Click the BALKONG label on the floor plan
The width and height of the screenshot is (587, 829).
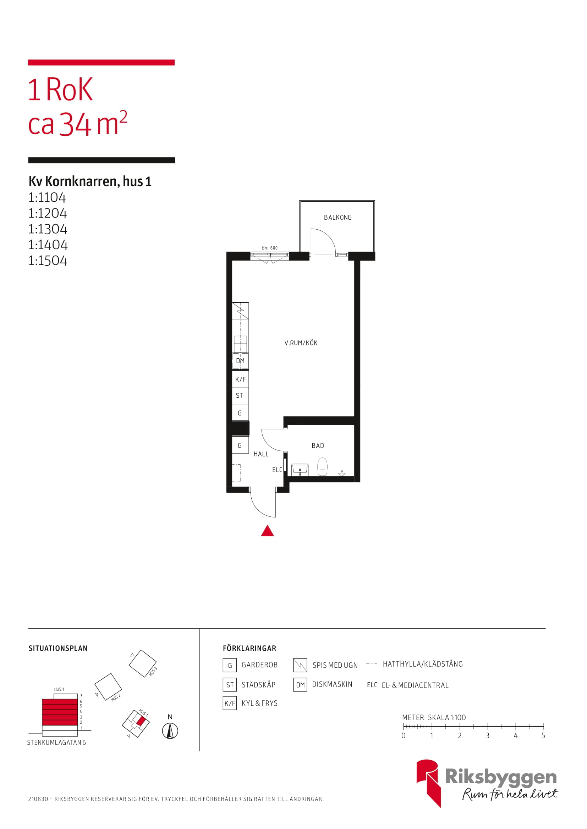pyautogui.click(x=338, y=217)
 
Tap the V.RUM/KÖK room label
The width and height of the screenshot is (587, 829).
pyautogui.click(x=301, y=343)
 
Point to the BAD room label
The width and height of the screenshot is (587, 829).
pyautogui.click(x=318, y=446)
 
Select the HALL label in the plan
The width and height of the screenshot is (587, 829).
pyautogui.click(x=261, y=454)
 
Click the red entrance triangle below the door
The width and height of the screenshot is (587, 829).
pyautogui.click(x=268, y=531)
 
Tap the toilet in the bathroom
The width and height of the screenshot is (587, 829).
pyautogui.click(x=322, y=466)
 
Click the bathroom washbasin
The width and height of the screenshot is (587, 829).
pyautogui.click(x=300, y=469)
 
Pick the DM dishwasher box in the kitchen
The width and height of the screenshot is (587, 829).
pyautogui.click(x=240, y=361)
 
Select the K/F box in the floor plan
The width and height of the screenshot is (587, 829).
pyautogui.click(x=240, y=380)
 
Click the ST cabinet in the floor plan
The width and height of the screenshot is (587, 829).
pyautogui.click(x=240, y=396)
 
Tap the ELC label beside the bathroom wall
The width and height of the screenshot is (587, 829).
pyautogui.click(x=277, y=470)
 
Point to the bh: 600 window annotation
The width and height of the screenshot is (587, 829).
pyautogui.click(x=270, y=248)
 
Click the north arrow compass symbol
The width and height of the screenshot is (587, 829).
pyautogui.click(x=170, y=731)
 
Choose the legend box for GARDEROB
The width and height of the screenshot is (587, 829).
pyautogui.click(x=230, y=665)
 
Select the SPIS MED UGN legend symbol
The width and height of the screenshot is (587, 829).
pyautogui.click(x=300, y=665)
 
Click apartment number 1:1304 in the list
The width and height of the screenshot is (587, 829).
pyautogui.click(x=48, y=229)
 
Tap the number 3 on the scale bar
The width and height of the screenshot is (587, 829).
pyautogui.click(x=488, y=736)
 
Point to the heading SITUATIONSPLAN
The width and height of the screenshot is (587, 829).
pyautogui.click(x=58, y=649)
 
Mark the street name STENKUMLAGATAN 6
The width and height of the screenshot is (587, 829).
pyautogui.click(x=56, y=743)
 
